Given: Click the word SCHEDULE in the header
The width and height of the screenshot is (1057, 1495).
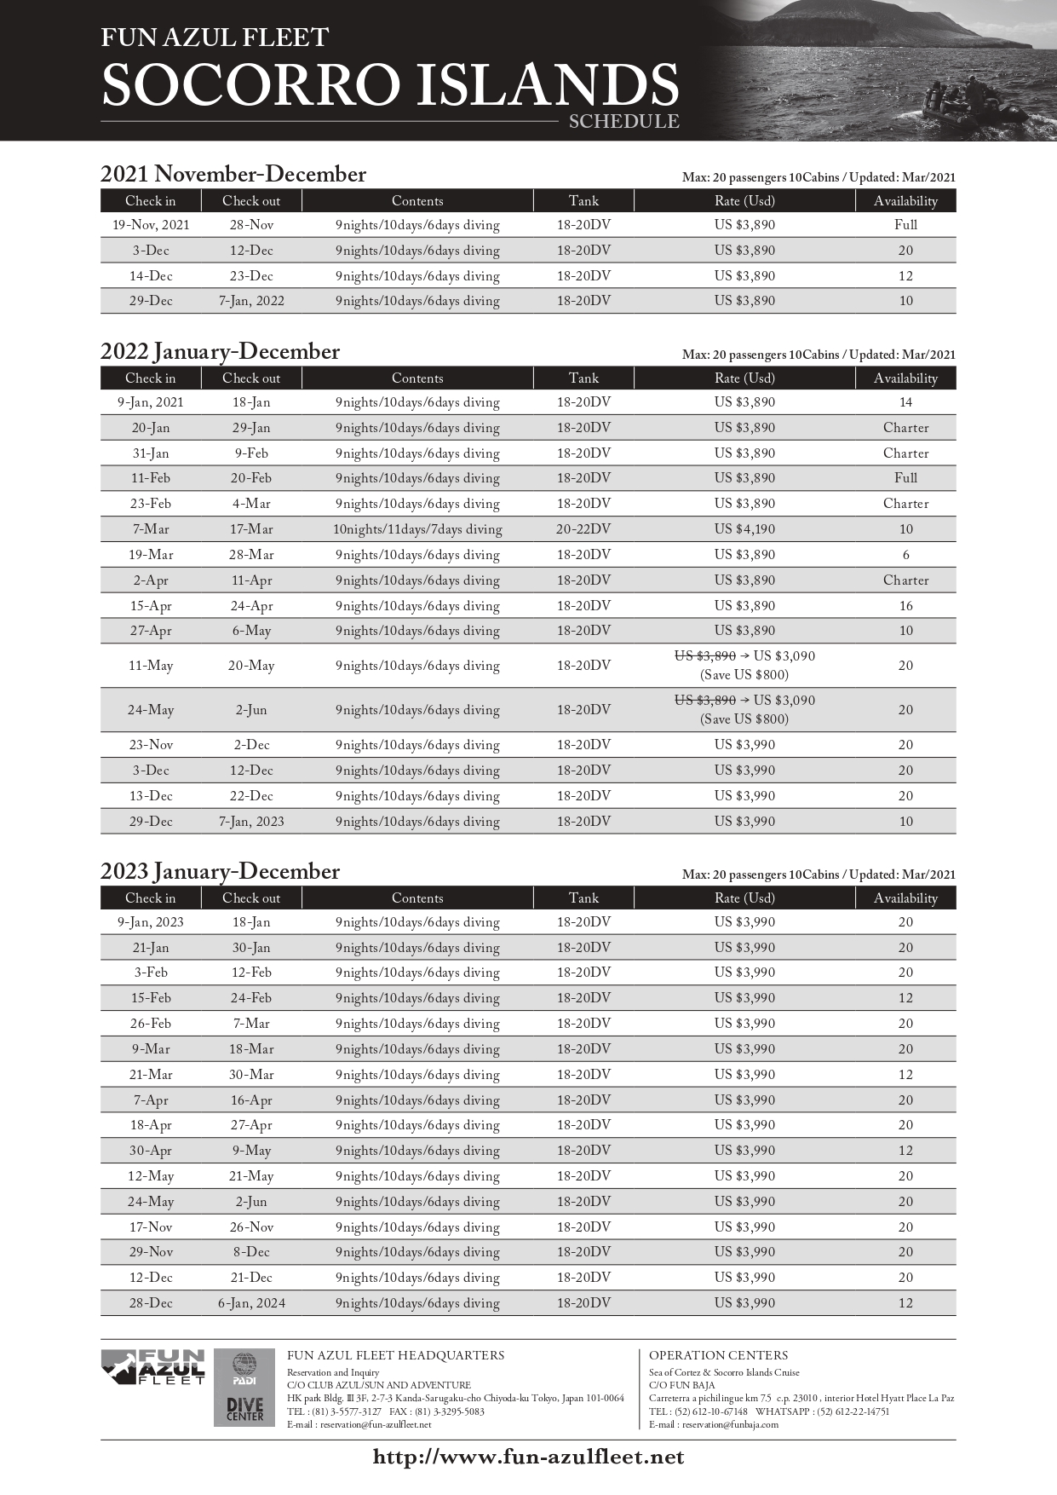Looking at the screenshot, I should click(624, 122).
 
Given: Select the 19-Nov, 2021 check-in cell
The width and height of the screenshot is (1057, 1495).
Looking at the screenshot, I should click(151, 225).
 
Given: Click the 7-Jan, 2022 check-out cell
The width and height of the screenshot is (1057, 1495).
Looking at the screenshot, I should click(251, 301).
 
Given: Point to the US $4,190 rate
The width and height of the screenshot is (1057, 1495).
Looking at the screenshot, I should click(744, 529).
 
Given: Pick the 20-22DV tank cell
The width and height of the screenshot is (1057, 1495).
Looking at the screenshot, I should click(583, 529).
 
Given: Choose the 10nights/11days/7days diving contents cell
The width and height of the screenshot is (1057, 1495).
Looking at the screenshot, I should click(417, 529).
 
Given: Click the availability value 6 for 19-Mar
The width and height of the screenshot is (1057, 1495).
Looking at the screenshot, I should click(905, 555).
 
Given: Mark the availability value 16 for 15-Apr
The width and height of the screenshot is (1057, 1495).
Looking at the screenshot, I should click(905, 606).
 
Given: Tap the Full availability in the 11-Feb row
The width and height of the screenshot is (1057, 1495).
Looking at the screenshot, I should click(905, 478).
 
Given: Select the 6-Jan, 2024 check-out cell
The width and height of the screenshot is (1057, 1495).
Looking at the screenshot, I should click(251, 1303).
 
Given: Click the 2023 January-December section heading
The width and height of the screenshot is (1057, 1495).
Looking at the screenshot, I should click(220, 871).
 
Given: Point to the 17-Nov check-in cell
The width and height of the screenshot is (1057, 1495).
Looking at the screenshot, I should click(151, 1227).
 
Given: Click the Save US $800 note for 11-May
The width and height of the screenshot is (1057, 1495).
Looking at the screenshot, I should click(744, 675).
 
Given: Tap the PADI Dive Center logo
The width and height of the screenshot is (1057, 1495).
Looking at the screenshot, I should click(244, 1387).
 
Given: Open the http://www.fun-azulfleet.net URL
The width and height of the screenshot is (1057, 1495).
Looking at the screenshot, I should click(528, 1457).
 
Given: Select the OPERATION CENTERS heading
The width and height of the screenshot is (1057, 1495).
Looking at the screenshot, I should click(718, 1355).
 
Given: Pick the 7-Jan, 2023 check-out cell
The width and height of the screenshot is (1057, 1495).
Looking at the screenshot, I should click(251, 822).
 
